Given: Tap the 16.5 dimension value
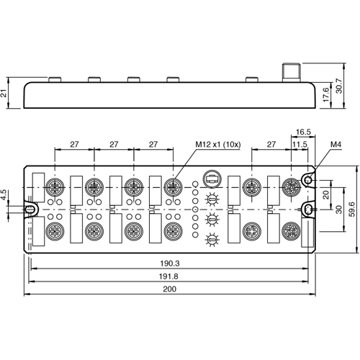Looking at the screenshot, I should click(303, 132).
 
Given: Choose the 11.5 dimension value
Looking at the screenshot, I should click(299, 145).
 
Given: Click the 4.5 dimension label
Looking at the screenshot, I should click(5, 194).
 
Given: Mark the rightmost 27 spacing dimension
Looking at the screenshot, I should click(271, 145).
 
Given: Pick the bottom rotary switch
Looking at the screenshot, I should click(212, 240).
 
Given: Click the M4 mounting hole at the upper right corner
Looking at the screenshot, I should click(307, 179).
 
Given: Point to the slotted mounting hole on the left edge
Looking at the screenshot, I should click(31, 210).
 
